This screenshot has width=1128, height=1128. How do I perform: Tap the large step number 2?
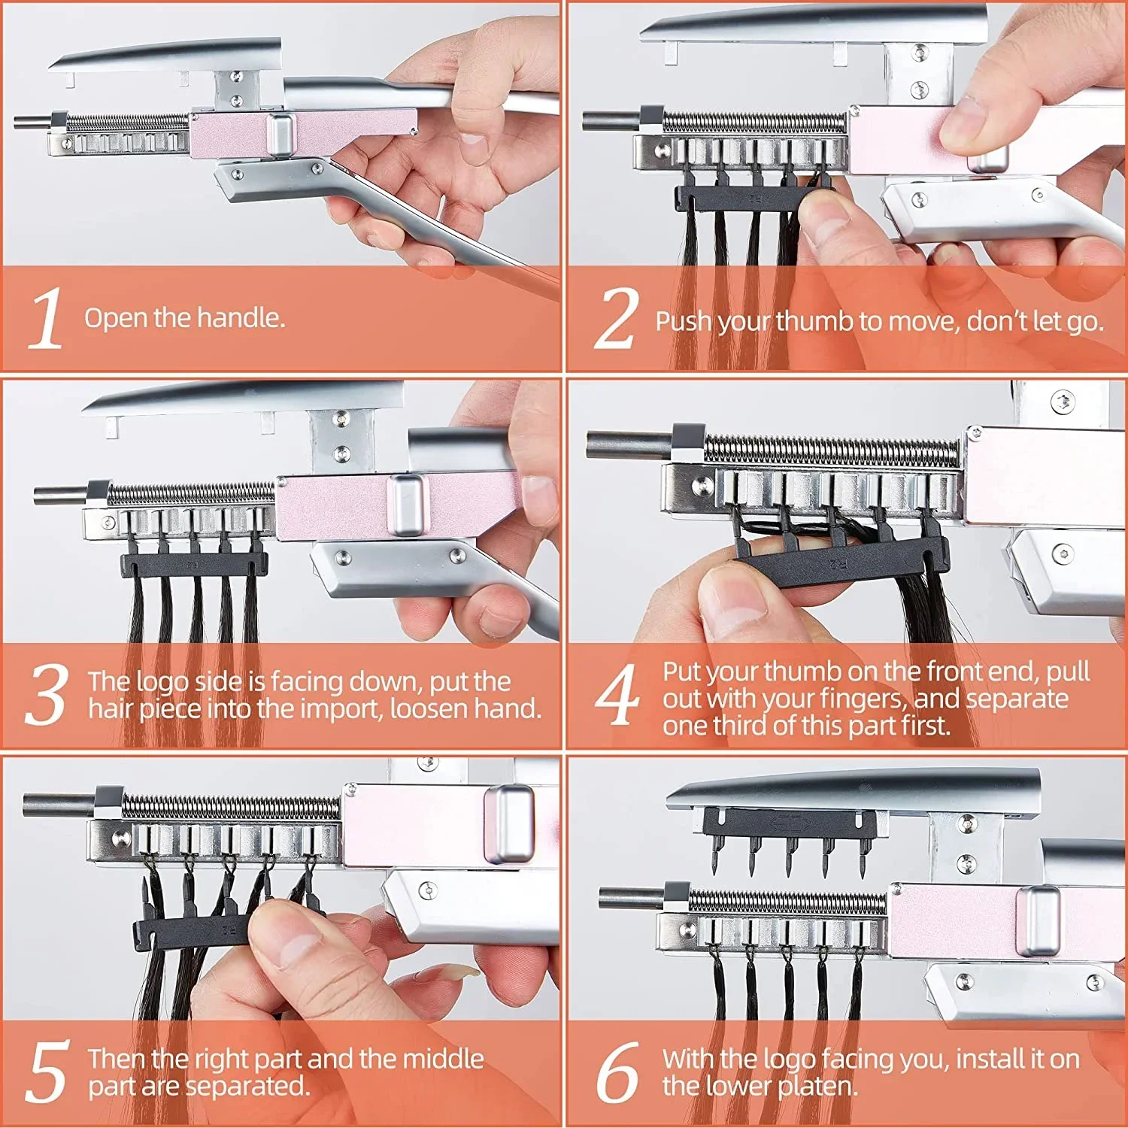(x=617, y=319)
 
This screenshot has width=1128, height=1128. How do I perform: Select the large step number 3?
(x=47, y=695)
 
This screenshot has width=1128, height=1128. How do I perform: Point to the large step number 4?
(x=618, y=695)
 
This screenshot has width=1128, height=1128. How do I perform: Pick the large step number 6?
(x=618, y=1072)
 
